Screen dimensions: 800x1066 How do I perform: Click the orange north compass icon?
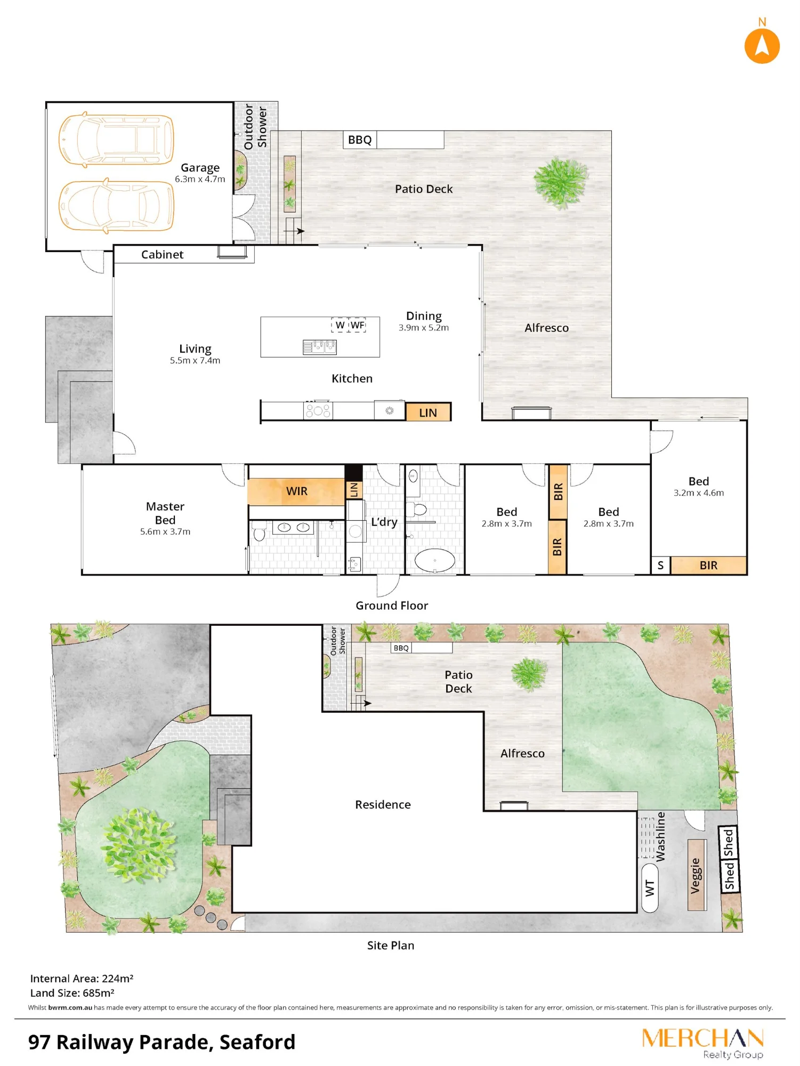click(762, 46)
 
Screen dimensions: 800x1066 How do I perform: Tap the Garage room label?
click(200, 167)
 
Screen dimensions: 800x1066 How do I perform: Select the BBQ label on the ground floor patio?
click(360, 140)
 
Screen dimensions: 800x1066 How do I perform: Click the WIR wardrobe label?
click(297, 491)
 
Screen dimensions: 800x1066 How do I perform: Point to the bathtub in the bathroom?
click(435, 560)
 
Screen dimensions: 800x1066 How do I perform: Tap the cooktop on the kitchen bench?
click(318, 410)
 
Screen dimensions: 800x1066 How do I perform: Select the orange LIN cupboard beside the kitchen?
click(428, 413)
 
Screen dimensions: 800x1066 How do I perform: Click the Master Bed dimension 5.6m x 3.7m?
click(165, 531)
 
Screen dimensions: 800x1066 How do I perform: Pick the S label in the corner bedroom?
click(660, 566)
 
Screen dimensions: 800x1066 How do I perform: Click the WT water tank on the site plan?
click(650, 888)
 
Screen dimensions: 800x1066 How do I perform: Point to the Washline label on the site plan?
click(660, 837)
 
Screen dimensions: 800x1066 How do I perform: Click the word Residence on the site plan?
click(383, 804)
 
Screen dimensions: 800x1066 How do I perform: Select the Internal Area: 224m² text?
click(82, 978)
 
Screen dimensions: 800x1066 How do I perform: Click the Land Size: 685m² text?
click(72, 992)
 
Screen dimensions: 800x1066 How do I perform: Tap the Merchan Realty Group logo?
click(703, 1043)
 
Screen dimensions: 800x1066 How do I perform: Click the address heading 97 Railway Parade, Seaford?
click(161, 1042)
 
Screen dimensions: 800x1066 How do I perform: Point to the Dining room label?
click(424, 316)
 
